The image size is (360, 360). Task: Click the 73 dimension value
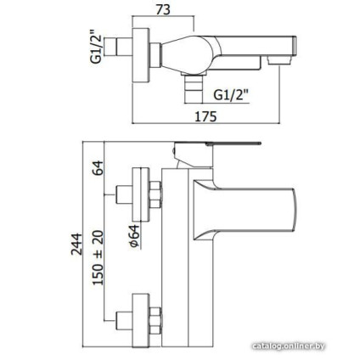163,9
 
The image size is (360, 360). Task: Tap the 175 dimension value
205,116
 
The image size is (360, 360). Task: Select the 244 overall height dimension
76,244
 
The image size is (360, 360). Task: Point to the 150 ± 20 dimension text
98,257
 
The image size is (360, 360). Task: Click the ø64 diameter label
134,236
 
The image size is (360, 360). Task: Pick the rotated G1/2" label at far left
96,47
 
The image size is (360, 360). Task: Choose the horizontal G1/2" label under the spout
231,95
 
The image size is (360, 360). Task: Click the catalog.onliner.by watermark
289,346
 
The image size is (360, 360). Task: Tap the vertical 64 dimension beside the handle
98,168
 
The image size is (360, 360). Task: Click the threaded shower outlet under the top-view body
194,88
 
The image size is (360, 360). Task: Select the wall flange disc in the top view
141,55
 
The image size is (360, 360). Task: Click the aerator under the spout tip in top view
279,60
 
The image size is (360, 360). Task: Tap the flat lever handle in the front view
217,143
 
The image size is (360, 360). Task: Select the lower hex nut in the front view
155,320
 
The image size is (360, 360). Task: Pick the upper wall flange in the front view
141,195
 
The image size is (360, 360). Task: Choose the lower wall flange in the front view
141,320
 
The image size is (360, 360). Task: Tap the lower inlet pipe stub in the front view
124,320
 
